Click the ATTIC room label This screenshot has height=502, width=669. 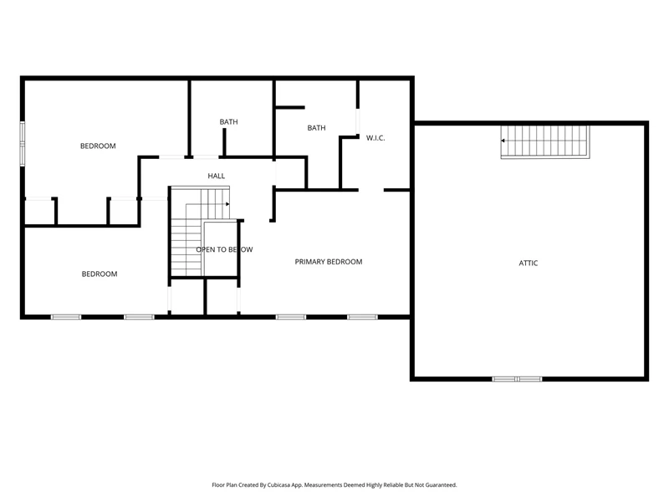[x=529, y=263]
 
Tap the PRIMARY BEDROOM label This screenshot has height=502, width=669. [x=329, y=262]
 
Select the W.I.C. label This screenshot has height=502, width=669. [x=375, y=138]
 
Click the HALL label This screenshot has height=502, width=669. [x=217, y=176]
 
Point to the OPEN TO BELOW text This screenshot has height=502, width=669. [x=224, y=249]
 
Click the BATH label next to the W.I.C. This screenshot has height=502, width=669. [x=317, y=128]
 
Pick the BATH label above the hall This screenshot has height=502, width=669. [x=228, y=121]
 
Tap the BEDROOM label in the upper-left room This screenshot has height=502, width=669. [x=98, y=146]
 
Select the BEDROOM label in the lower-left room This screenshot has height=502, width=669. [x=100, y=274]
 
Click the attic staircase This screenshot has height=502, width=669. [x=545, y=141]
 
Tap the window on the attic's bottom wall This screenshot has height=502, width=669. [x=517, y=379]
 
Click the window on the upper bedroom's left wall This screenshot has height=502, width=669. [x=23, y=144]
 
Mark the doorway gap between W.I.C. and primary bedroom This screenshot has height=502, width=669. [x=371, y=190]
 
